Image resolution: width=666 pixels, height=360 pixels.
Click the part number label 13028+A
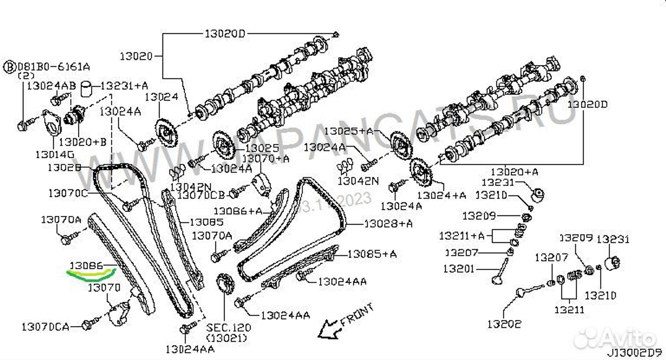pos(388,223)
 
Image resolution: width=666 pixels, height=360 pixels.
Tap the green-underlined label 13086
pos(86,265)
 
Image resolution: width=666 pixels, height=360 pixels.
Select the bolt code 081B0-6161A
pos(54,67)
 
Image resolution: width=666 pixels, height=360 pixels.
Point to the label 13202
pos(504,324)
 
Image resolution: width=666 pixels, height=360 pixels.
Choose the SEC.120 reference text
pos(228,327)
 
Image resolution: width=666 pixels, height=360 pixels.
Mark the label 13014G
pos(55,155)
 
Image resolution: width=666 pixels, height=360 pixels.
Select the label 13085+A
pos(372,254)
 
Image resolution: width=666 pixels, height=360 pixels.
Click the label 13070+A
pos(265,159)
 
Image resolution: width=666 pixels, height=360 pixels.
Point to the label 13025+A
pos(349,131)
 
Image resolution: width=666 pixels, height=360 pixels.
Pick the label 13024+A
pos(442,195)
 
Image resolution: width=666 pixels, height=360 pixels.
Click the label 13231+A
pos(124,86)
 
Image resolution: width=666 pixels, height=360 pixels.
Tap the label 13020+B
pos(83,142)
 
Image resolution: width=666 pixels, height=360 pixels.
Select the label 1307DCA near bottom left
pos(45,327)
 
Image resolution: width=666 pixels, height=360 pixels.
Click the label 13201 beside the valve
pos(459,268)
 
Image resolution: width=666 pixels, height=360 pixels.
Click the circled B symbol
pos(10,67)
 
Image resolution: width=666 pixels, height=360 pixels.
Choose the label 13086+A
pos(238,211)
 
